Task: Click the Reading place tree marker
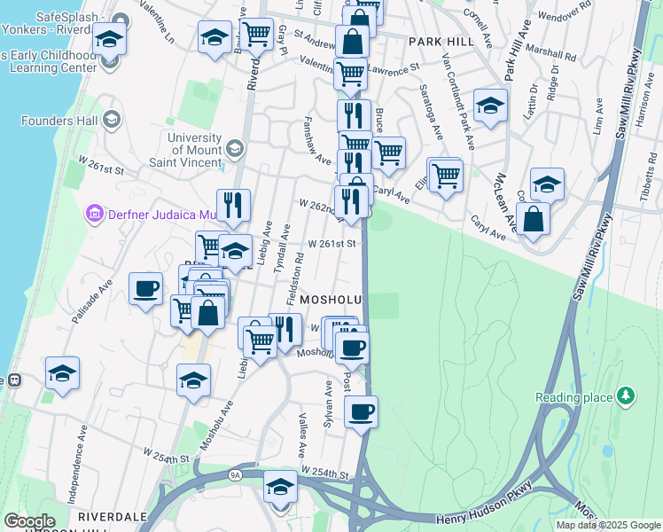[626, 395]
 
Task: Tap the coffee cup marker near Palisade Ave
[145, 288]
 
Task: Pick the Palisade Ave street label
[93, 301]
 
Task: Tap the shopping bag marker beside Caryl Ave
[533, 218]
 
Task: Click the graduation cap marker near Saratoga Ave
[490, 105]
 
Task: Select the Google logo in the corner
[30, 521]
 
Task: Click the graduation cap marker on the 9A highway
[281, 487]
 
